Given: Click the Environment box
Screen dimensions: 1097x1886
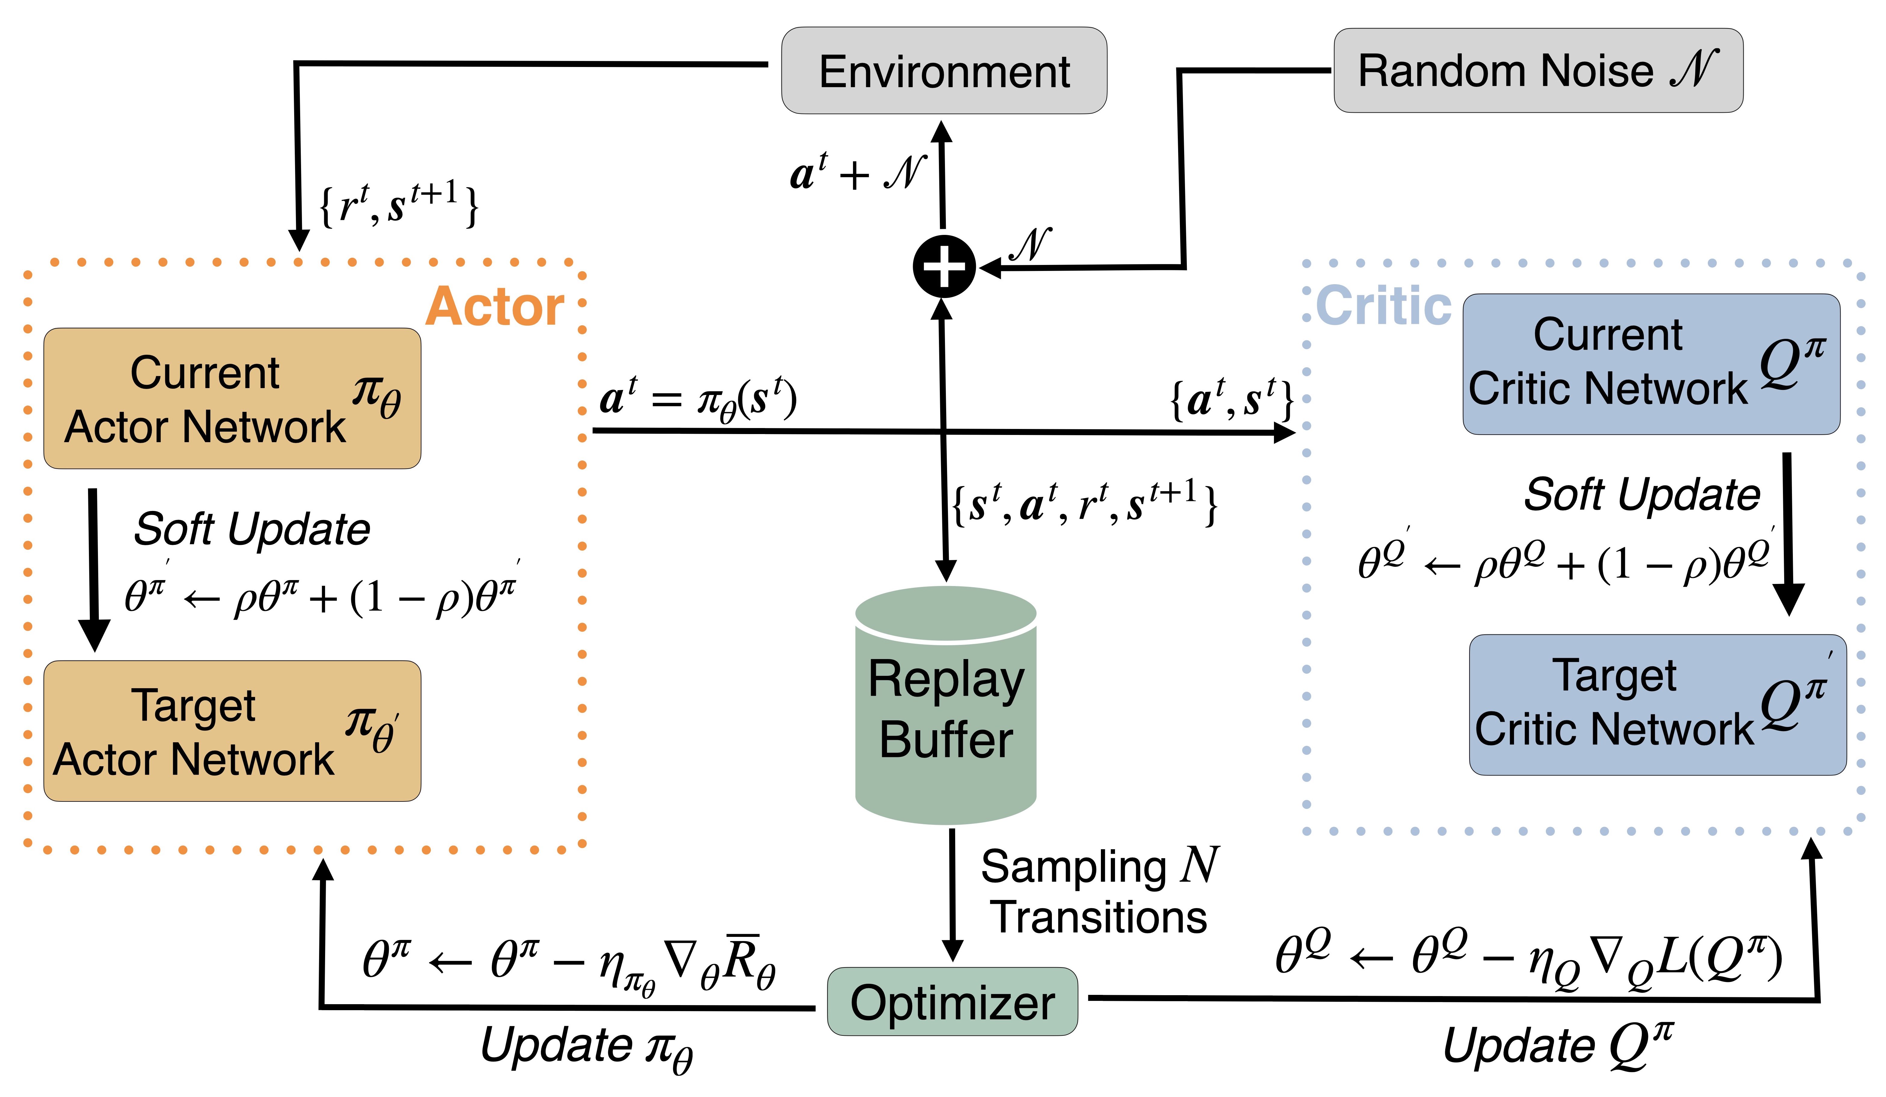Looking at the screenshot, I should pyautogui.click(x=944, y=71).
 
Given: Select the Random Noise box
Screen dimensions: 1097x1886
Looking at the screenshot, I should pyautogui.click(x=1538, y=71).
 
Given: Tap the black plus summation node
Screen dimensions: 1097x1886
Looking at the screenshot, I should pyautogui.click(x=944, y=266).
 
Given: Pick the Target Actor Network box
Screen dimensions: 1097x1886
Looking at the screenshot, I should pyautogui.click(x=232, y=731).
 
